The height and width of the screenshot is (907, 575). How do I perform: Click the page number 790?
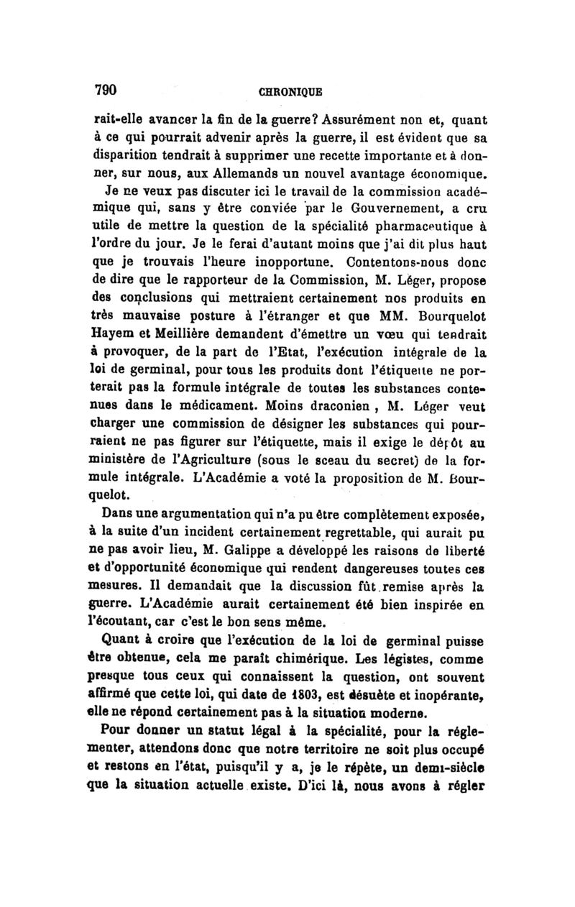pos(106,90)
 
